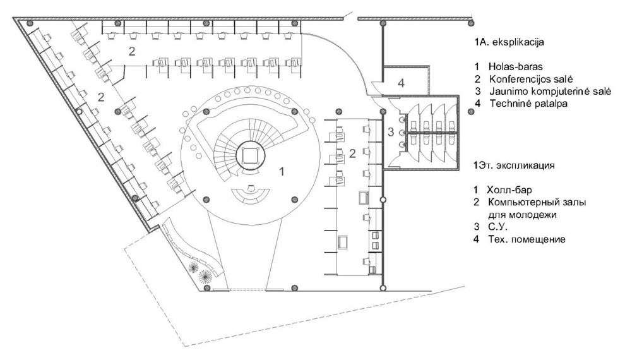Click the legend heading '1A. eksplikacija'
[509, 42]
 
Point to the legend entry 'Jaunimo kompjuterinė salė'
[551, 92]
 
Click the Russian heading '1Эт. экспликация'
[514, 165]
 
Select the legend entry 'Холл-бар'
[509, 189]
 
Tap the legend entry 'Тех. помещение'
[527, 239]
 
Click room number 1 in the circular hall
[282, 172]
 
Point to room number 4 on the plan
[402, 83]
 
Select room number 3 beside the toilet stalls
[391, 131]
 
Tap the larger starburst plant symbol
[205, 275]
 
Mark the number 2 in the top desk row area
[132, 51]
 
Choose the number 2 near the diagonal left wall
[101, 97]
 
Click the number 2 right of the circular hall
[352, 153]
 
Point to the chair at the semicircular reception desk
[251, 188]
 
